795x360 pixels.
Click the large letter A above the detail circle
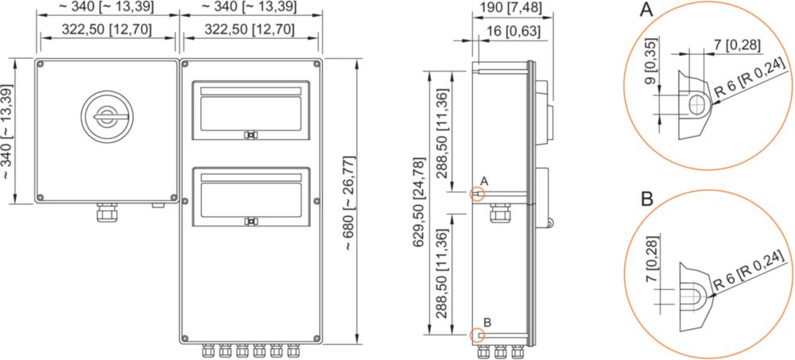(x=646, y=9)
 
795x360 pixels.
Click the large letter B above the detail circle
(x=646, y=199)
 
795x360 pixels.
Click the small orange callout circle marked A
(x=477, y=194)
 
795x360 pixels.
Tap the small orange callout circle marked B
(x=477, y=335)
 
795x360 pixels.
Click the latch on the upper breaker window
(x=249, y=135)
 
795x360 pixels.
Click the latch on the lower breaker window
(x=249, y=222)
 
